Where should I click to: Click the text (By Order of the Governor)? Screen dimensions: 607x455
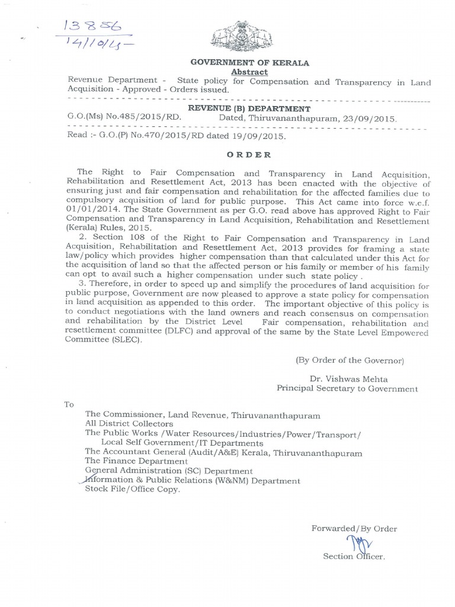[x=350, y=360]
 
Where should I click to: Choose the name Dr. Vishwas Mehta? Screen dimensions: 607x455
[x=342, y=379]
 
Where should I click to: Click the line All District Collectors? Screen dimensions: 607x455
[x=129, y=424]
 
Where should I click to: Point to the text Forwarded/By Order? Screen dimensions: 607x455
[x=354, y=528]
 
